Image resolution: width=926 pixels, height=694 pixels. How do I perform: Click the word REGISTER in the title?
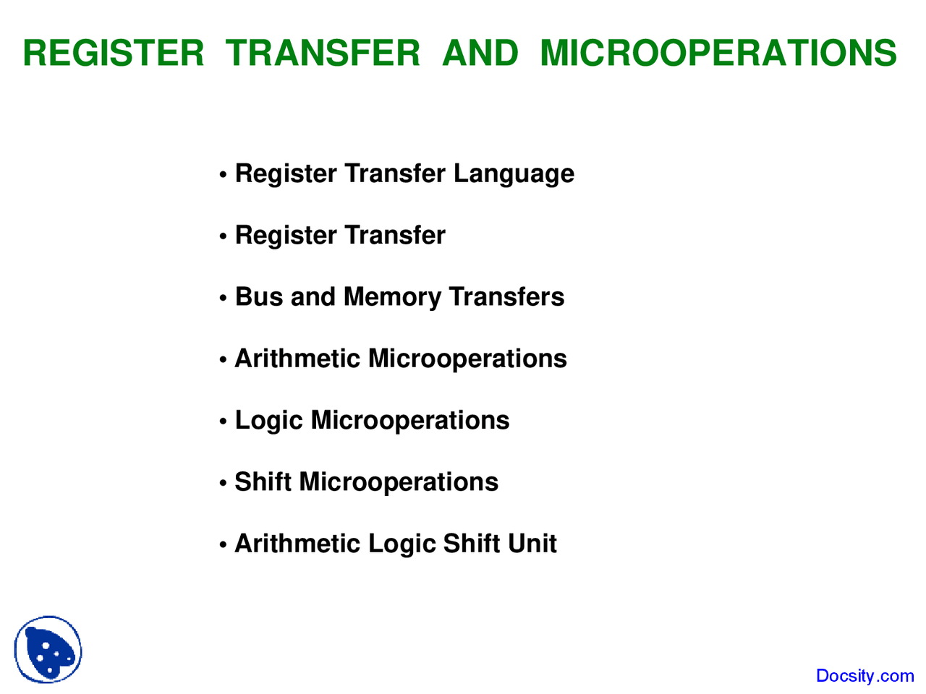(x=114, y=53)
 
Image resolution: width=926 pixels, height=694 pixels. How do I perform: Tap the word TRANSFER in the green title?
(x=323, y=53)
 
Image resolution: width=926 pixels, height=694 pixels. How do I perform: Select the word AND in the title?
(x=480, y=53)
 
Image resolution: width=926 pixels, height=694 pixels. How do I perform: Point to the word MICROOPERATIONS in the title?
(x=718, y=53)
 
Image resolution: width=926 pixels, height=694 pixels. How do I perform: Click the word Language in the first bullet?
(x=514, y=174)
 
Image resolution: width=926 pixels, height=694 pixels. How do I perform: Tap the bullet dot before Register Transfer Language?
(x=224, y=176)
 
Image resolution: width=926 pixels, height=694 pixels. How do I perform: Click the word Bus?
(x=258, y=297)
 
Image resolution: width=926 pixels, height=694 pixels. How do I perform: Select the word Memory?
(x=392, y=298)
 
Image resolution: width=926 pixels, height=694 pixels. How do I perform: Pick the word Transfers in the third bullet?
(x=506, y=297)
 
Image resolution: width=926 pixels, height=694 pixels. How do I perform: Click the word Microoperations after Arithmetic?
(x=467, y=359)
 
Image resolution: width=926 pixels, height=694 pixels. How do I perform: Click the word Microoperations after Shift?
(x=399, y=482)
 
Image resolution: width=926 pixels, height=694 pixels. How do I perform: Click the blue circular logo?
(x=48, y=649)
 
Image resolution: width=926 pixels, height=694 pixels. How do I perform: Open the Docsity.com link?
(x=865, y=676)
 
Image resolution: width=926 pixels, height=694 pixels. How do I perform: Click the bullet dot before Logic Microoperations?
(x=224, y=422)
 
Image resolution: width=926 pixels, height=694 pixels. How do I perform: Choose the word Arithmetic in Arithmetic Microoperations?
(x=297, y=359)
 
